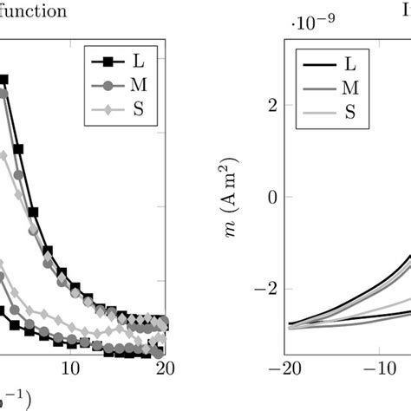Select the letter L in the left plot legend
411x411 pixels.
[x=138, y=61]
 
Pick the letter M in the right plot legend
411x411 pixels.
[x=350, y=87]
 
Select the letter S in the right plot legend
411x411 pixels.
[x=349, y=111]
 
